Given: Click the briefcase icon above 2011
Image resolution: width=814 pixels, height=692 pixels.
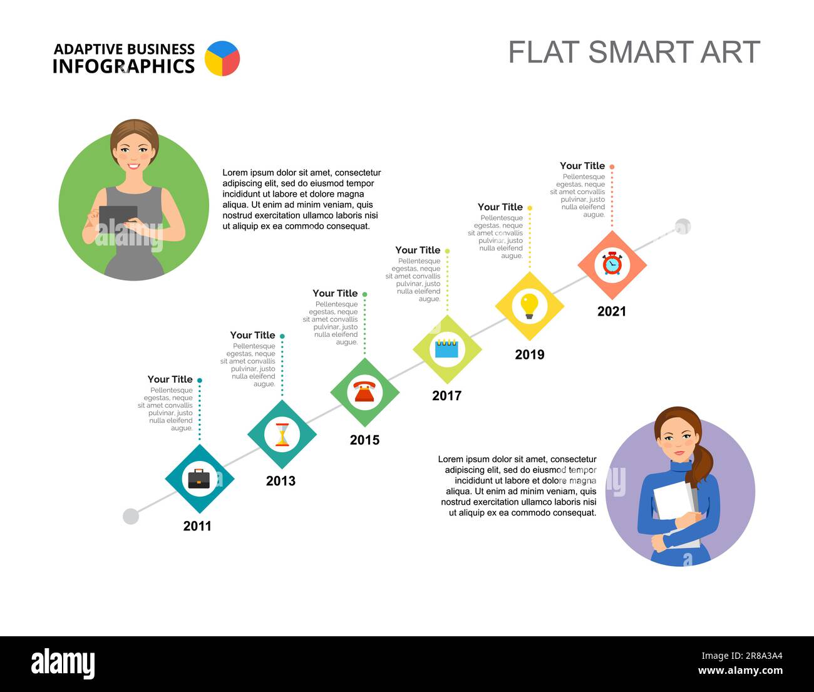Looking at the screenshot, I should click(199, 479).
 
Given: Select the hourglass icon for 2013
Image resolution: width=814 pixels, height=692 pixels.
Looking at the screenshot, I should click(282, 434).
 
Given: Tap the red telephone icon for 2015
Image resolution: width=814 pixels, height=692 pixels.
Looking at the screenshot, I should click(364, 393).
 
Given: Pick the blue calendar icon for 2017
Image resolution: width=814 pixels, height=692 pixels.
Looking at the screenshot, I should click(447, 349).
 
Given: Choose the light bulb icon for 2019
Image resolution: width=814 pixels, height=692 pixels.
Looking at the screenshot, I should click(529, 306).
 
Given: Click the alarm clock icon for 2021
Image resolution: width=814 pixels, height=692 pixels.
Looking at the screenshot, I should click(612, 264).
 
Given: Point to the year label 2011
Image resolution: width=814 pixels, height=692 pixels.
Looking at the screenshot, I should click(197, 526).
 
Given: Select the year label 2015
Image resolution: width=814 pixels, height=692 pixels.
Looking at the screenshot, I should click(364, 440).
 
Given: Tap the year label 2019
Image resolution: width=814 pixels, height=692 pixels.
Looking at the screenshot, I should click(529, 354).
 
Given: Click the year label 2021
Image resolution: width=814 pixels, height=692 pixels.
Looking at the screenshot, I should click(611, 311).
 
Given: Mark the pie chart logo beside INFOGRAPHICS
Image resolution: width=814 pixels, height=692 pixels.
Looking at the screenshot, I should click(222, 59).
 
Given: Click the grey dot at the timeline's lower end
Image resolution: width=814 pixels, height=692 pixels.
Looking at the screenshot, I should click(131, 516).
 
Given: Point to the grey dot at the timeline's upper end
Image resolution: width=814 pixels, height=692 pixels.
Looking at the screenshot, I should click(683, 227).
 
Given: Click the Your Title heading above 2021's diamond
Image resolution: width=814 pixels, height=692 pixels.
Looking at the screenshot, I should click(582, 166).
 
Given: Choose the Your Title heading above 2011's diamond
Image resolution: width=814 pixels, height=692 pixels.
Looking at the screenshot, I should click(170, 380).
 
